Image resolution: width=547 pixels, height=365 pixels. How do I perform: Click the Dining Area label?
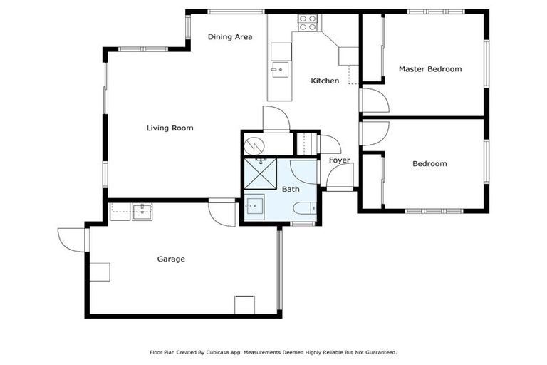tap(230, 36)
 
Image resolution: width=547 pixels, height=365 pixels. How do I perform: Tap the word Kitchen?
tap(325, 81)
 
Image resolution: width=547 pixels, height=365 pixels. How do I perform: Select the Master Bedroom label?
tap(429, 69)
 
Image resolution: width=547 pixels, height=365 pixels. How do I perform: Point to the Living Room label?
tap(170, 128)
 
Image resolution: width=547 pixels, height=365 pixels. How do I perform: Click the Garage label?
tap(171, 259)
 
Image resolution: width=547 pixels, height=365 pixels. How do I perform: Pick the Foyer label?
tap(339, 160)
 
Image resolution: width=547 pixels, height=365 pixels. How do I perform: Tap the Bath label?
tap(291, 189)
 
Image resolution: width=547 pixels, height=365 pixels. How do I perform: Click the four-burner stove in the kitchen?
tap(307, 23)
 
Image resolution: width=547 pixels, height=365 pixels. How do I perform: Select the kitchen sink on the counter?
tap(278, 71)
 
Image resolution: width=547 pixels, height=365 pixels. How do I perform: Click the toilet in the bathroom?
tap(301, 208)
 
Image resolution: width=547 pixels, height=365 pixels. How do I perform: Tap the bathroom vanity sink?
tap(254, 206)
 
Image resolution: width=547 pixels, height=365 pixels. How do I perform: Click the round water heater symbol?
tap(254, 145)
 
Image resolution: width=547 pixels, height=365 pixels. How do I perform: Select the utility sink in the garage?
tap(143, 210)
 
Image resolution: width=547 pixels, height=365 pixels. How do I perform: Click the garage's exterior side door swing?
tap(71, 239)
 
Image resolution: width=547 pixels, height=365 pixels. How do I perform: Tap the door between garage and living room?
tap(223, 213)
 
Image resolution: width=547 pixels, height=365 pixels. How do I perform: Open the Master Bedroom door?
tap(375, 101)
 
